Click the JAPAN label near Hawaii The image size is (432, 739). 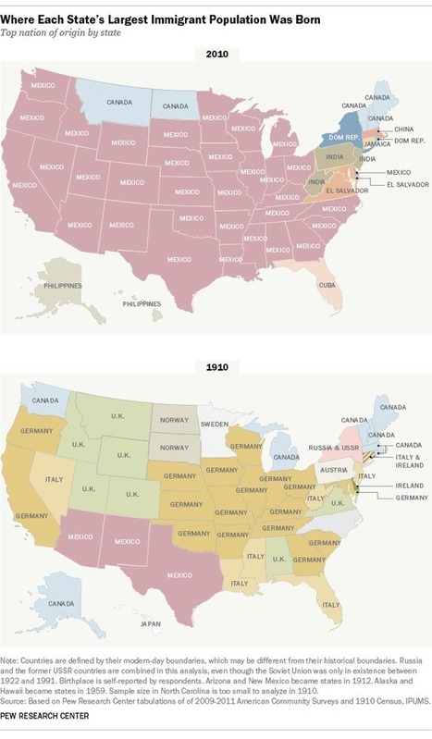click(142, 623)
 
